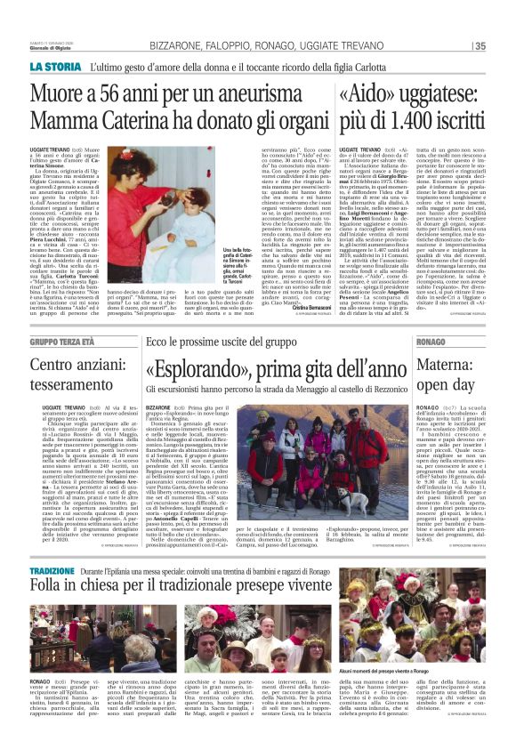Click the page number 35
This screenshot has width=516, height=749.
[480, 46]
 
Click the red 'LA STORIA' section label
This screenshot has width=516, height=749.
[54, 67]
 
